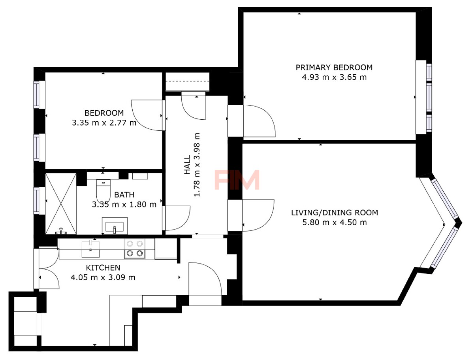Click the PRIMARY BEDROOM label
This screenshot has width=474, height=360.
tap(334, 68)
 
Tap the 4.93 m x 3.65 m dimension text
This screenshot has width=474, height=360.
tap(334, 77)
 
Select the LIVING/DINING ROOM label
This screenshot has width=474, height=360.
tap(335, 213)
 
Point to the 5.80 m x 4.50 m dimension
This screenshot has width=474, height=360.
tap(335, 222)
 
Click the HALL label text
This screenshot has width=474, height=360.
tap(187, 164)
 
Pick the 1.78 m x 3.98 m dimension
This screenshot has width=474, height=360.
tap(197, 164)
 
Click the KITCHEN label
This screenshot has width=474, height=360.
tap(103, 268)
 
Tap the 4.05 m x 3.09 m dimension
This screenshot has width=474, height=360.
tap(103, 277)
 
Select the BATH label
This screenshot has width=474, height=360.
tap(124, 195)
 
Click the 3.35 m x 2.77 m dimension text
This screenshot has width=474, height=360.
tap(104, 123)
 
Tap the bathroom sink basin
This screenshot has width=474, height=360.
tap(115, 226)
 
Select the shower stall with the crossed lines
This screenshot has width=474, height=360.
tap(61, 204)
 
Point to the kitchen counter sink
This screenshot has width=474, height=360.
tap(91, 249)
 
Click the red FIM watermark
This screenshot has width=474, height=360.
tap(237, 180)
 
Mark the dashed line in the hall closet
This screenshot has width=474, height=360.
tap(187, 81)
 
